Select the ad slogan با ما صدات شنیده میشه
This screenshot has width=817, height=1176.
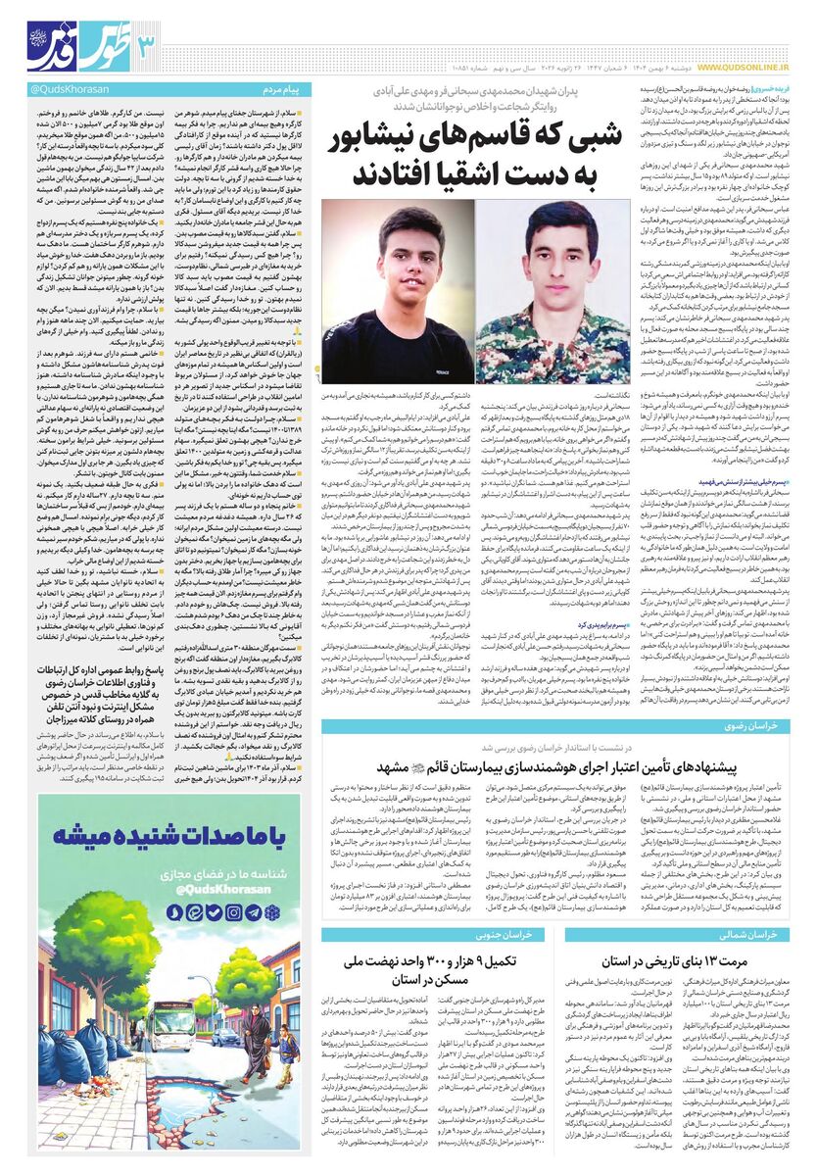tap(169, 838)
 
